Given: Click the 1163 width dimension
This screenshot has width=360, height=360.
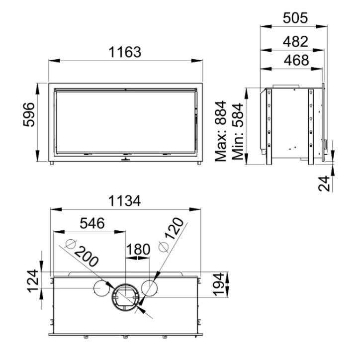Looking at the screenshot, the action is tap(125, 52).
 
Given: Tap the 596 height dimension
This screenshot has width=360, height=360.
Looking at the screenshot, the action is tap(29, 115).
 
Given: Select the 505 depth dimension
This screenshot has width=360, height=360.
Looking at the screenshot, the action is tap(295, 18).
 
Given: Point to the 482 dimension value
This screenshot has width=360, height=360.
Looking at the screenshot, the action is tap(295, 42).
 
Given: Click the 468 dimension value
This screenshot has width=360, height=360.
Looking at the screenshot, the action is tap(296, 60).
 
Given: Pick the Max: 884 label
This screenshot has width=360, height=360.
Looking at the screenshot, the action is tap(220, 131).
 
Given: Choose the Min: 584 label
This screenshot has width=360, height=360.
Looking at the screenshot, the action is tap(238, 132).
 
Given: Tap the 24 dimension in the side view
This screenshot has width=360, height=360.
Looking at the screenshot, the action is tap(324, 183).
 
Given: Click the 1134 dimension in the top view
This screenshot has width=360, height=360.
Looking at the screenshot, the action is tap(124, 201).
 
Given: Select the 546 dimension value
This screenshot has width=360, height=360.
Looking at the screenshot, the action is tap(92, 223).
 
